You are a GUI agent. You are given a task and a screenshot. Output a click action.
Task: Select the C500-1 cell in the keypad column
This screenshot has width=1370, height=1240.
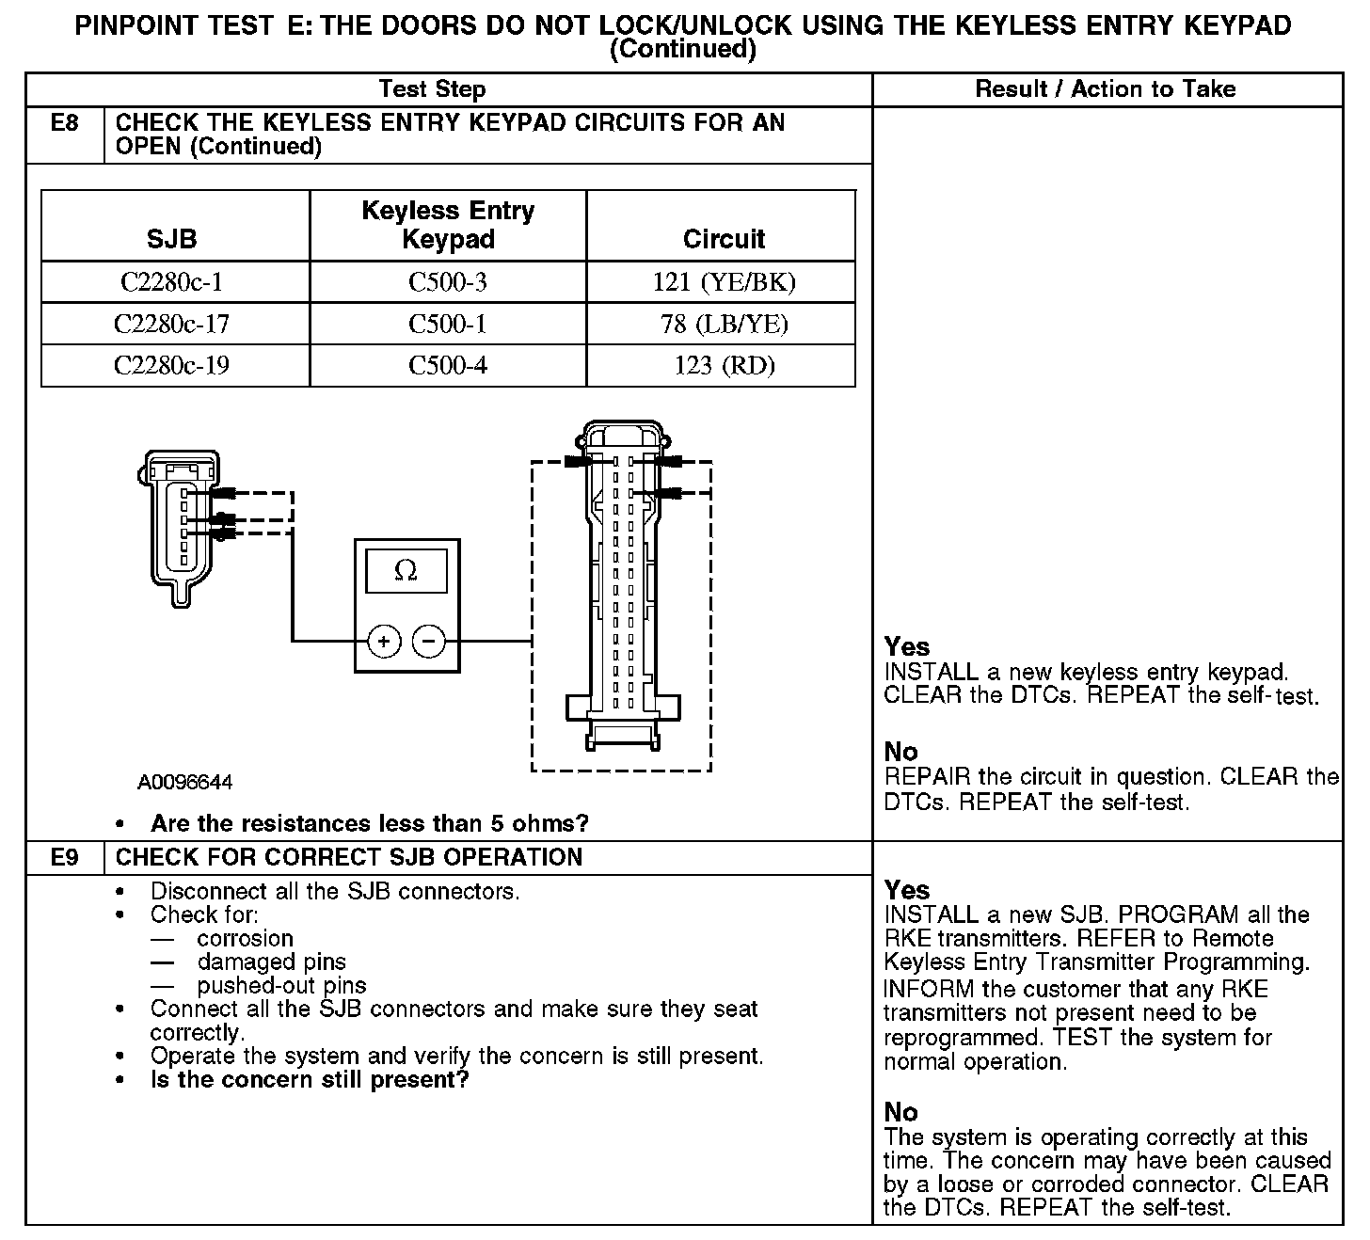tap(448, 324)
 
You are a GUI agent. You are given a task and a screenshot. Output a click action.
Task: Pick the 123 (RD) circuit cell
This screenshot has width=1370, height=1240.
tap(724, 365)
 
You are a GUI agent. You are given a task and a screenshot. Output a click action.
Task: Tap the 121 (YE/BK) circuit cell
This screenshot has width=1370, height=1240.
tap(724, 282)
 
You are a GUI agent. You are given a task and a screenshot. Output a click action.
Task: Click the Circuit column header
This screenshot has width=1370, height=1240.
tap(724, 239)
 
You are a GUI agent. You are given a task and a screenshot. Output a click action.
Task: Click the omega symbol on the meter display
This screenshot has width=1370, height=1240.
tap(406, 571)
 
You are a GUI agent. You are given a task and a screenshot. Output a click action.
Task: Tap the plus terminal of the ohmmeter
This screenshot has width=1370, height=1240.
tap(384, 642)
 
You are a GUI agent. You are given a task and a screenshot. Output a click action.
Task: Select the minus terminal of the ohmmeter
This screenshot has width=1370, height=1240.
tap(429, 642)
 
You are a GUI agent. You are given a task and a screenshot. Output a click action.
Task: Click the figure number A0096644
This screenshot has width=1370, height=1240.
tap(185, 783)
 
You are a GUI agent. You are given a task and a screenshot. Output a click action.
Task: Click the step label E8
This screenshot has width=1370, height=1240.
tap(64, 122)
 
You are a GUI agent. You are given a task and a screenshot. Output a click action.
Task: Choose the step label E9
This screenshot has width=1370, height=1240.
tap(64, 857)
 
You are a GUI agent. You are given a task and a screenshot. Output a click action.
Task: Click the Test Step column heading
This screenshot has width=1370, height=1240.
tap(432, 89)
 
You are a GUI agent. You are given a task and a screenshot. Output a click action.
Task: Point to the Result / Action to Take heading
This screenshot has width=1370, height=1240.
tap(1106, 89)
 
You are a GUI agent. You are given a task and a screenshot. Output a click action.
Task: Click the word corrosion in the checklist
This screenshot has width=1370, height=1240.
tap(246, 939)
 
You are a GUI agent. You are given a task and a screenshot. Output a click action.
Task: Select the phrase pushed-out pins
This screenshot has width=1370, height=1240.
tap(281, 986)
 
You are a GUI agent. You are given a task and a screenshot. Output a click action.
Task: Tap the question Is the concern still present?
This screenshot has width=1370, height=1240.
tap(310, 1079)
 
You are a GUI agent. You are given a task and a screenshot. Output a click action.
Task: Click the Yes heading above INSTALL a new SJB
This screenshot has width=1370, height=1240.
tap(907, 890)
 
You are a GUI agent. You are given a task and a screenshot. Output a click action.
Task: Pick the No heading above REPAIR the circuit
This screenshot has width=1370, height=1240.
tap(900, 752)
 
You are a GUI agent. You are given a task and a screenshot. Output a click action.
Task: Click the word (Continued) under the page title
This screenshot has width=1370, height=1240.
tap(683, 49)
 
